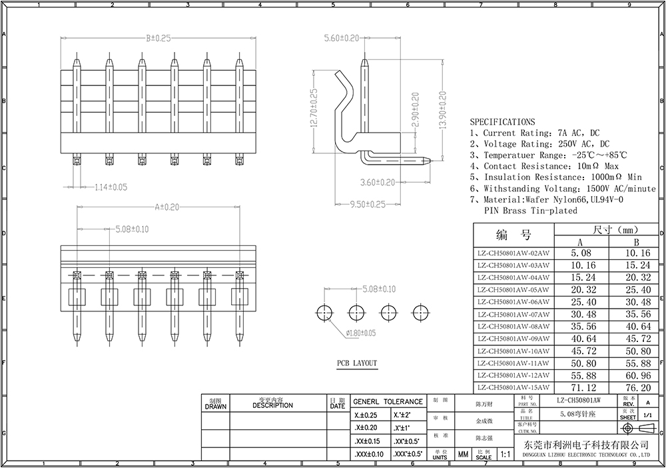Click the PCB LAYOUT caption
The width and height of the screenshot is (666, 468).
[356, 363]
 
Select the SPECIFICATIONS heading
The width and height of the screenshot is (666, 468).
[502, 122]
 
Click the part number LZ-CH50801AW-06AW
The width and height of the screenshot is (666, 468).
[513, 302]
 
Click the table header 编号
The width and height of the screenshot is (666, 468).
[513, 235]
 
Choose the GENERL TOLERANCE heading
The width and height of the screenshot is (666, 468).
[388, 401]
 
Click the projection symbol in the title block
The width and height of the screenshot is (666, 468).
[635, 428]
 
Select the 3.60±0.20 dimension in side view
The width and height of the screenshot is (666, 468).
[377, 182]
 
